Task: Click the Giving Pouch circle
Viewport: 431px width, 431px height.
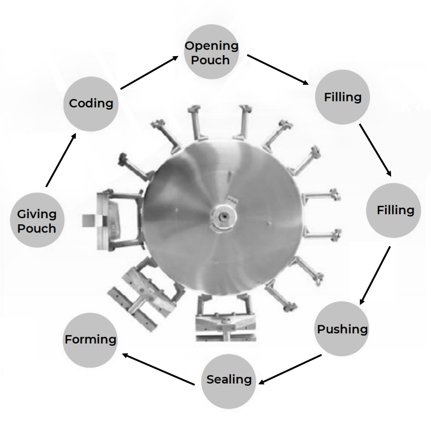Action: coord(37,220)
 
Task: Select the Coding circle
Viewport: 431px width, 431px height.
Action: coord(91,104)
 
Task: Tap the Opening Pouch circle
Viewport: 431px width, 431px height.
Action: coord(211,52)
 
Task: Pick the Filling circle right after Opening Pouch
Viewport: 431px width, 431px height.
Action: coord(342,97)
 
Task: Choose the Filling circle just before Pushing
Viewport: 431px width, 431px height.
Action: coord(394,211)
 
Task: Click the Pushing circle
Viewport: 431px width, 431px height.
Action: coord(342,329)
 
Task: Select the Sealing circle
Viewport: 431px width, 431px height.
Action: coord(229,381)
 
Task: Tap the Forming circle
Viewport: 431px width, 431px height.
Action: coord(90,340)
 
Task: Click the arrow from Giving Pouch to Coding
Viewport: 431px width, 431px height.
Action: coord(61,160)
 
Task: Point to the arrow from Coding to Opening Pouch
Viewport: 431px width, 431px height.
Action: coord(150,72)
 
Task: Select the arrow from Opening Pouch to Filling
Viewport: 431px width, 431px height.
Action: coord(278,70)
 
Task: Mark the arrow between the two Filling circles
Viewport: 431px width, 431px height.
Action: coord(375,150)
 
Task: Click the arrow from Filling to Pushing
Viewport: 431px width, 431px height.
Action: coord(375,275)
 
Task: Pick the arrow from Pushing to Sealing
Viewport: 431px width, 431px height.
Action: coord(290,369)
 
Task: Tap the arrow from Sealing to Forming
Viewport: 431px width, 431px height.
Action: coord(158,369)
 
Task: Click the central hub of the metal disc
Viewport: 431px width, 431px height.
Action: coord(223,217)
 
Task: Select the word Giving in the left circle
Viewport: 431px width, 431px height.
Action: coord(37,214)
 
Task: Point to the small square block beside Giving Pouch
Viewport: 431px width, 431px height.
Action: coord(89,221)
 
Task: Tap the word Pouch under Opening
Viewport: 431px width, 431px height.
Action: coord(210,60)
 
